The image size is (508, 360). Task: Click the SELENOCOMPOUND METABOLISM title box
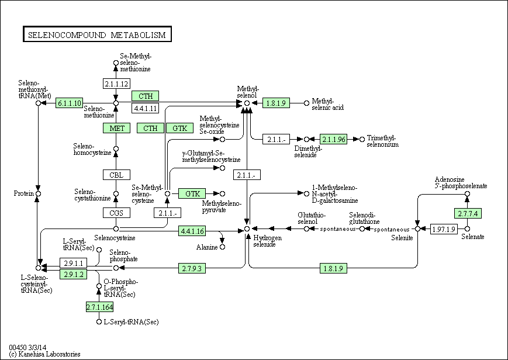coord(97,35)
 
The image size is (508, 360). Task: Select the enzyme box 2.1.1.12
coord(116,84)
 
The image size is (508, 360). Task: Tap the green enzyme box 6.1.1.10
coord(70,103)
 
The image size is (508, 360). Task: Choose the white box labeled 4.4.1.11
coord(146,108)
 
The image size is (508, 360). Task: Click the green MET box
coord(116,128)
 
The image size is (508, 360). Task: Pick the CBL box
coord(116,175)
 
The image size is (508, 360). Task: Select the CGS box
coord(116,213)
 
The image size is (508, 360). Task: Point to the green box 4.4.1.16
coord(192,231)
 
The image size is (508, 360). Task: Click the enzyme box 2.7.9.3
coord(192,268)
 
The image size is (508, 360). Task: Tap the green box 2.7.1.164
coord(99,307)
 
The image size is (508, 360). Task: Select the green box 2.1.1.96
coord(334,139)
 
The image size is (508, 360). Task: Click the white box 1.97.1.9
coord(443,229)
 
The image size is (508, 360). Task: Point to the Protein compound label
coord(23,193)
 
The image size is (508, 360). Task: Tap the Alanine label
coord(206,247)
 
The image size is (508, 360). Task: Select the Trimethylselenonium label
coord(383,141)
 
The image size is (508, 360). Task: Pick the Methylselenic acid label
coord(328,104)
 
